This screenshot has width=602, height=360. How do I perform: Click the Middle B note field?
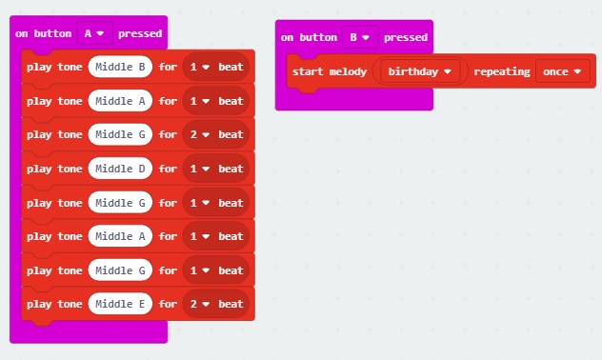click(x=120, y=68)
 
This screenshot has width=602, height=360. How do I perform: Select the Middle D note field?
click(x=120, y=169)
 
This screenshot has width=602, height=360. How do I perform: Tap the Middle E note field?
click(x=120, y=304)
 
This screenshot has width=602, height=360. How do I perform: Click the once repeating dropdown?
click(x=561, y=71)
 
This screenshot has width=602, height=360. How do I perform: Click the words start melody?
click(x=330, y=71)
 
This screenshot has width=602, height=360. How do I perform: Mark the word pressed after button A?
click(x=140, y=33)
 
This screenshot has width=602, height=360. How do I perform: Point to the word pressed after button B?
click(x=405, y=37)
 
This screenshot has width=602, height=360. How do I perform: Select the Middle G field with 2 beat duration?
click(x=120, y=135)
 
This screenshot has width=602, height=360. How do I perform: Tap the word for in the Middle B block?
click(x=168, y=68)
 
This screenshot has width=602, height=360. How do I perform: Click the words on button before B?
click(x=311, y=37)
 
